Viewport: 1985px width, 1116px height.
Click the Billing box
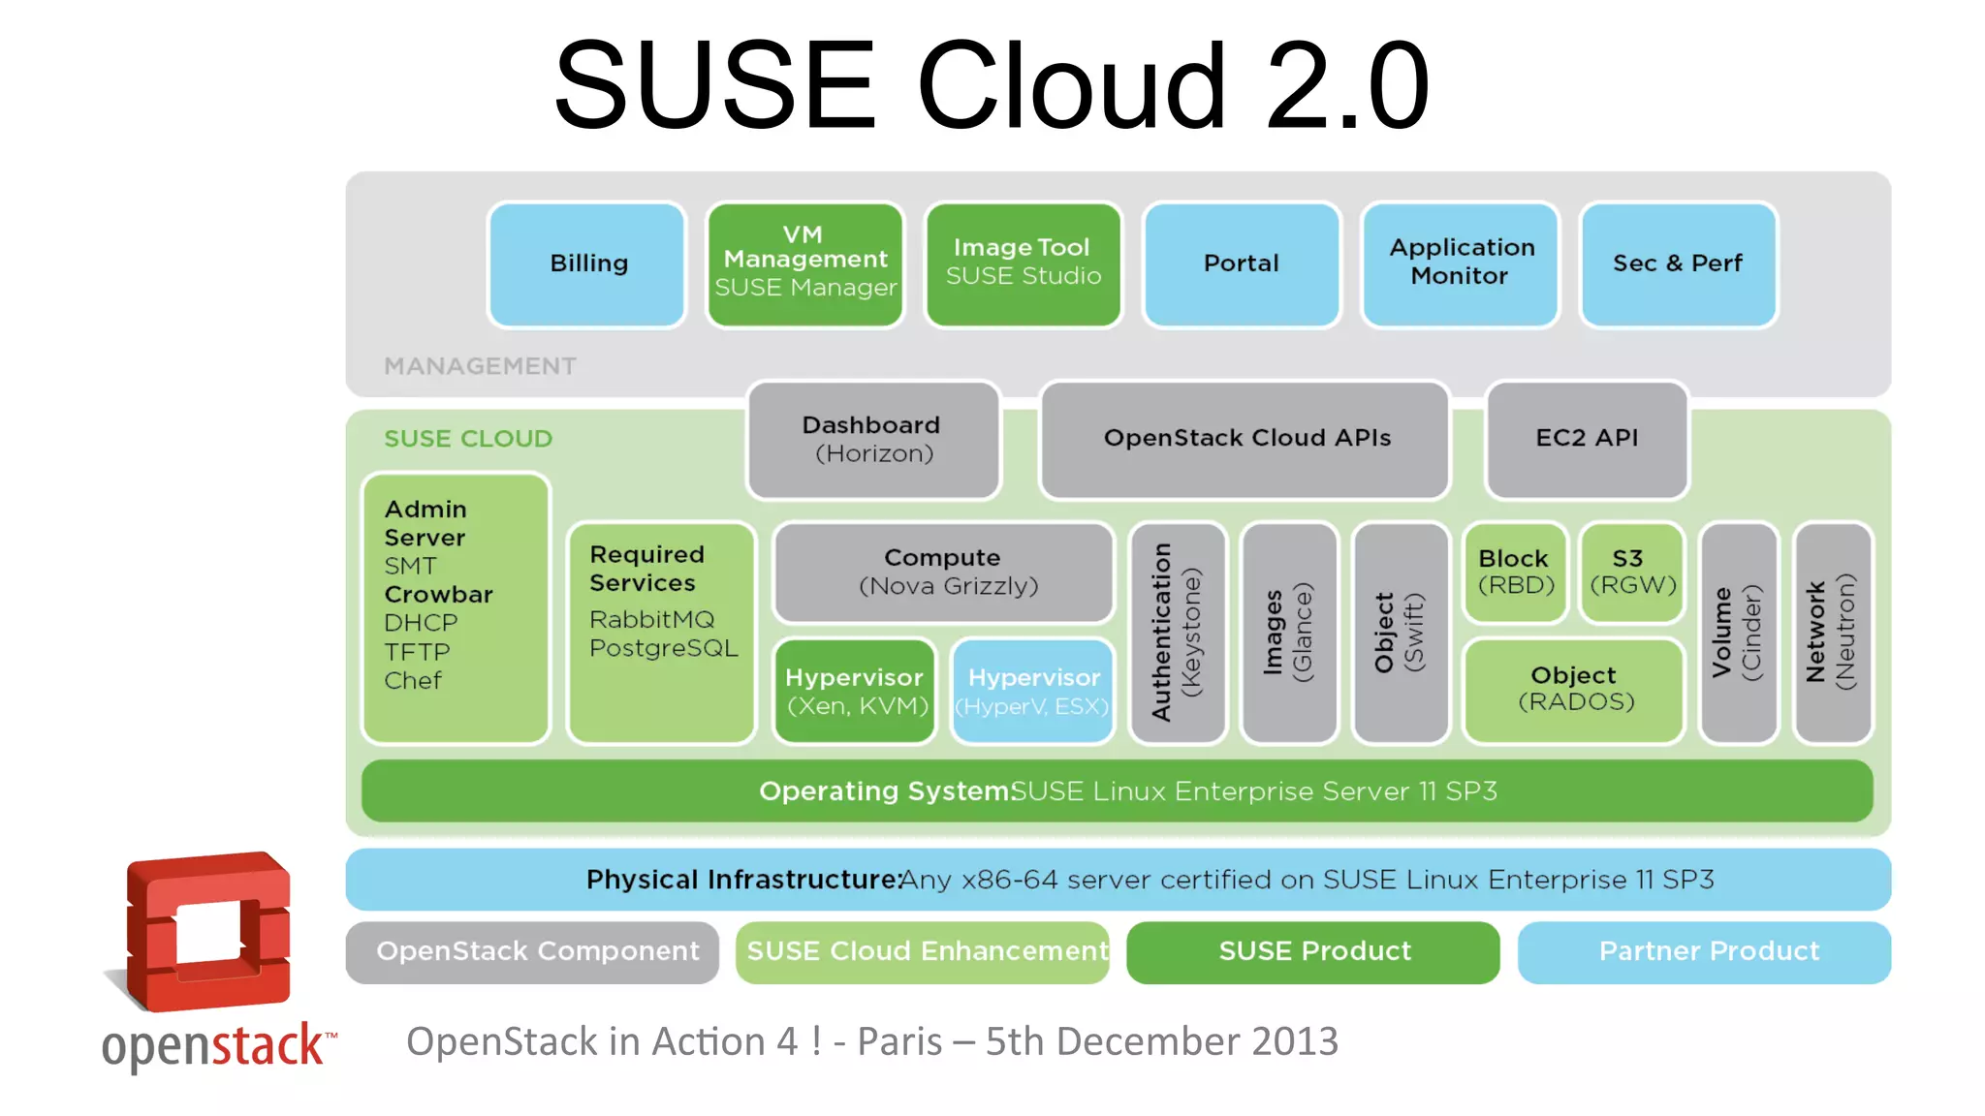587,263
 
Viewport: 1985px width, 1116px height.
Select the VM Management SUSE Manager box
805,263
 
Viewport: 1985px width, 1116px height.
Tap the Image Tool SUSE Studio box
1024,263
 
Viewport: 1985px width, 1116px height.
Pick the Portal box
1242,263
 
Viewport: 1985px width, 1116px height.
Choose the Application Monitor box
1461,263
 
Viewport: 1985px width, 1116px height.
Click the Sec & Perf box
1678,263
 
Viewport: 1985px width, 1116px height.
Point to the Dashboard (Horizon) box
873,440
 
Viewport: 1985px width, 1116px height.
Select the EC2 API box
1587,439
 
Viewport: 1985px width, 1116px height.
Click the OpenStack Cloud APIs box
1245,439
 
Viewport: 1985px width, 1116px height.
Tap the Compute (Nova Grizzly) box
944,573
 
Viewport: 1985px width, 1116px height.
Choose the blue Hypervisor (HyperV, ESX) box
1033,691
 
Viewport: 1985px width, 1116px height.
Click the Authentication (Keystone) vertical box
1178,633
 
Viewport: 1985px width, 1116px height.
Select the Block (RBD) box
1515,573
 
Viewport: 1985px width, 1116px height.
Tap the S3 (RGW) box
1632,573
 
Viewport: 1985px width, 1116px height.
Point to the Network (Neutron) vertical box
1832,633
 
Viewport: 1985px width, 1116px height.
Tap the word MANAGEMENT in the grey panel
480,366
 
